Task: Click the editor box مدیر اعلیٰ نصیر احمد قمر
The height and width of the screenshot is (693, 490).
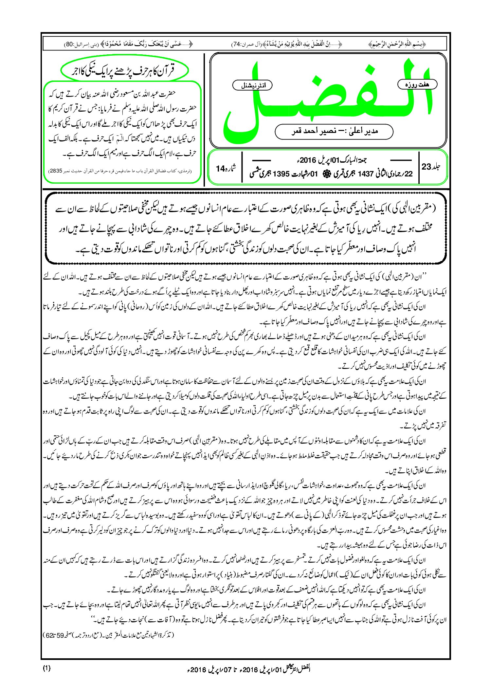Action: point(334,131)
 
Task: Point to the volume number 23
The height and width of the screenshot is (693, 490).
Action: point(426,167)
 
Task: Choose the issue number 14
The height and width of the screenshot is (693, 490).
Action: point(220,169)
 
